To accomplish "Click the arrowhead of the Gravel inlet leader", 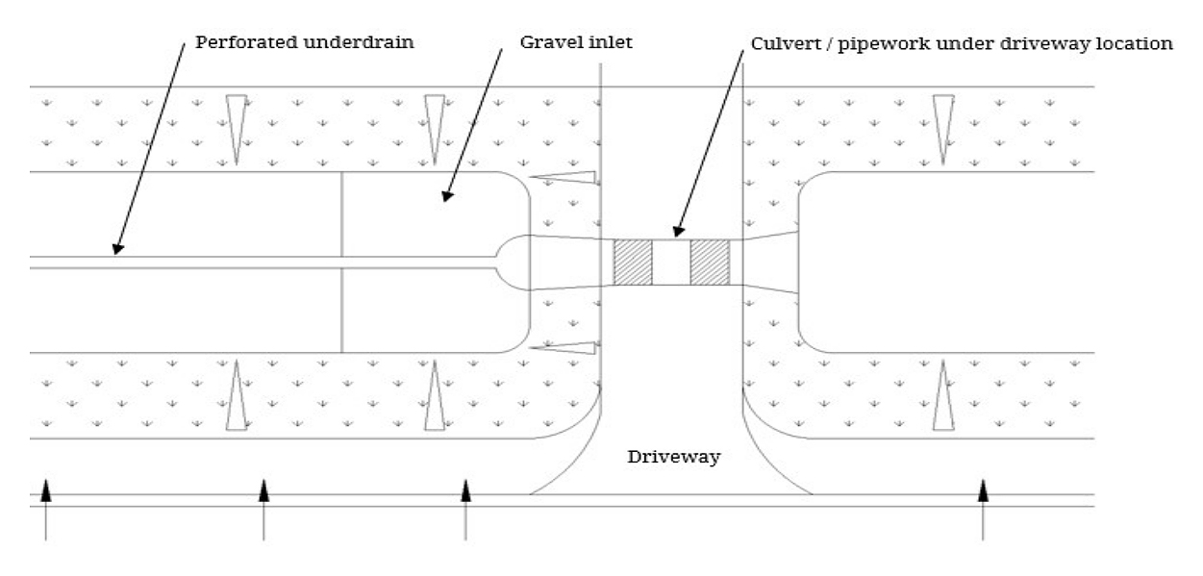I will click(x=445, y=197).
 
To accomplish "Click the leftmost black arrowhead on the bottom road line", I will click(x=45, y=492).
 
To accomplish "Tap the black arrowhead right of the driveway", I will click(x=983, y=490).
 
